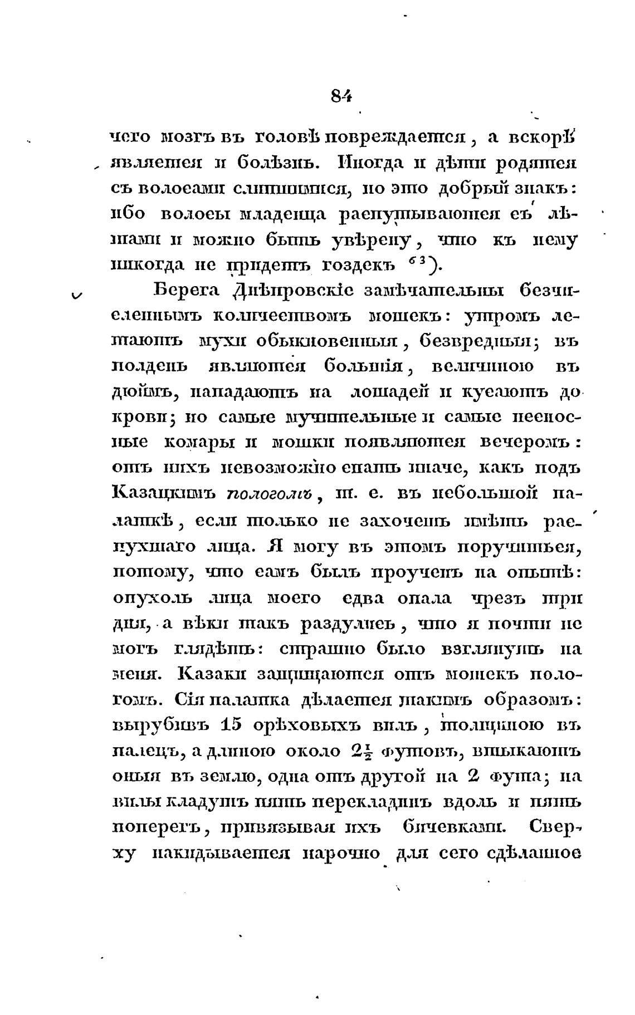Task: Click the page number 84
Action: (x=341, y=96)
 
